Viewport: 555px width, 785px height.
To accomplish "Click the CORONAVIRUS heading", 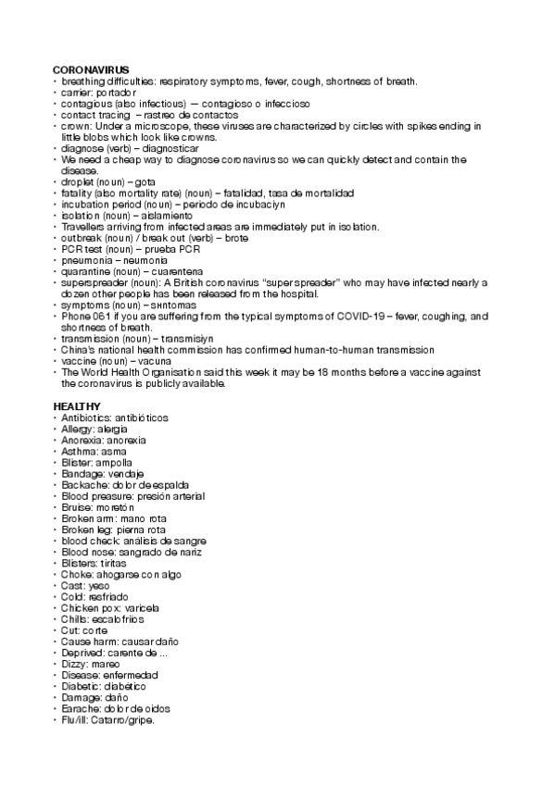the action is click(x=91, y=70).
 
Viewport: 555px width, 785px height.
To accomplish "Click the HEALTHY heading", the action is click(x=77, y=406).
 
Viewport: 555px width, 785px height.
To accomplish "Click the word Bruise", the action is click(x=76, y=507).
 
